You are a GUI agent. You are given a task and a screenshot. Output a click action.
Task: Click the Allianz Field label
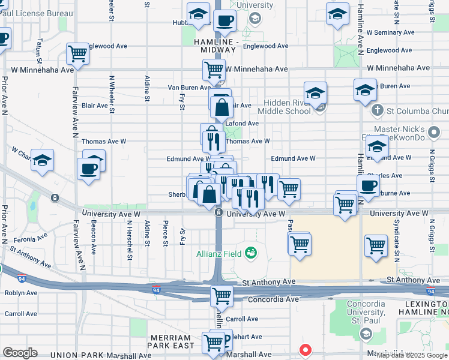click(219, 254)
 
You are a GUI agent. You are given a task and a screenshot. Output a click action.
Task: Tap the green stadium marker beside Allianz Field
click(250, 254)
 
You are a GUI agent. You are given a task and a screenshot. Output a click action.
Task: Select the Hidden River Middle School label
click(285, 107)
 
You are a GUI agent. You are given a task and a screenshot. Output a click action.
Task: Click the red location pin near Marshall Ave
click(306, 349)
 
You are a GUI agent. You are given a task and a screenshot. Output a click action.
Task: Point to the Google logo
click(20, 353)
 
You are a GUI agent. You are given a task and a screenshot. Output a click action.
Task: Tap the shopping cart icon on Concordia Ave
click(221, 295)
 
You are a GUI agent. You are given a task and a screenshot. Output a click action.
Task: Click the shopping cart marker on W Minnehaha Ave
click(214, 70)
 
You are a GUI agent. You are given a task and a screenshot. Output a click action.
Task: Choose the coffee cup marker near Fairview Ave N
click(89, 168)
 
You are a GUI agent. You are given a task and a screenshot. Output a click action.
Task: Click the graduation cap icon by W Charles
click(42, 161)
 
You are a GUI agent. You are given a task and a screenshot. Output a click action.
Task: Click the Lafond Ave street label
click(241, 124)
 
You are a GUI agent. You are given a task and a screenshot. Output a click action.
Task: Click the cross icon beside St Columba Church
click(377, 110)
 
